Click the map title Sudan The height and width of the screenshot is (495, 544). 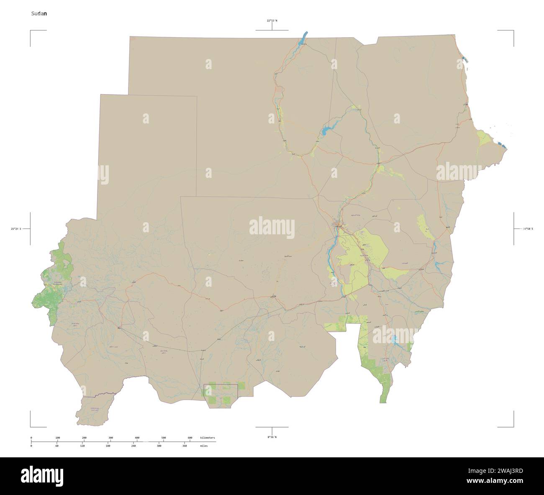pyautogui.click(x=38, y=13)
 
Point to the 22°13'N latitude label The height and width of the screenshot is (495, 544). pyautogui.click(x=272, y=20)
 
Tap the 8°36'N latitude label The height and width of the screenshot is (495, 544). pyautogui.click(x=272, y=437)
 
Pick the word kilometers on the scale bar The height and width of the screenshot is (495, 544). pyautogui.click(x=208, y=438)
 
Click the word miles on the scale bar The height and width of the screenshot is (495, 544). pyautogui.click(x=204, y=446)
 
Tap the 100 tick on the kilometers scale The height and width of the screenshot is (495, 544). pyautogui.click(x=58, y=438)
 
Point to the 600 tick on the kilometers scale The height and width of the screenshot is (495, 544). pyautogui.click(x=190, y=438)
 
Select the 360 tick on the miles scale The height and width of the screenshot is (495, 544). pyautogui.click(x=184, y=446)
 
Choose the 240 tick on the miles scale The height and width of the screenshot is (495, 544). pyautogui.click(x=133, y=446)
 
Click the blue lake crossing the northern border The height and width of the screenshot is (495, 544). pyautogui.click(x=302, y=38)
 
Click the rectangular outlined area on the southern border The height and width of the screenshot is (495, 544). pyautogui.click(x=221, y=396)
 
